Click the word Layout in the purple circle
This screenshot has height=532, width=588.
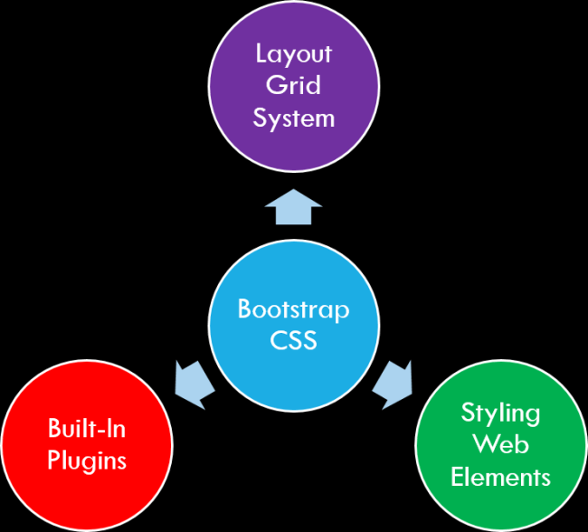tap(293, 54)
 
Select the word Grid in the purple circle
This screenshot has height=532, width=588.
tap(293, 86)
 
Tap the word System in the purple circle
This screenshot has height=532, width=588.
tap(293, 119)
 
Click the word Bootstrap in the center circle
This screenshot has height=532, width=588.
tap(293, 309)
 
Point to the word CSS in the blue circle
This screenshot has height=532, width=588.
tap(293, 342)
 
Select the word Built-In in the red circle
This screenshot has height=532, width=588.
tap(87, 428)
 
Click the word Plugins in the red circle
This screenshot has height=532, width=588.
tap(87, 461)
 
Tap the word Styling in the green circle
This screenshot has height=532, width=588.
tap(500, 413)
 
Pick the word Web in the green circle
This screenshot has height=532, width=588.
tap(500, 445)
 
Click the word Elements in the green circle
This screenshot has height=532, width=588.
tap(500, 477)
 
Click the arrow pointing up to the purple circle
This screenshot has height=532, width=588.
tap(293, 208)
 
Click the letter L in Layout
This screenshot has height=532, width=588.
tap(261, 53)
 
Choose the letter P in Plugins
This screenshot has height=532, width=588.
tap(54, 460)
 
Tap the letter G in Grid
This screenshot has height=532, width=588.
tap(275, 86)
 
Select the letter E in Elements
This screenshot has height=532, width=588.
tap(457, 477)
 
